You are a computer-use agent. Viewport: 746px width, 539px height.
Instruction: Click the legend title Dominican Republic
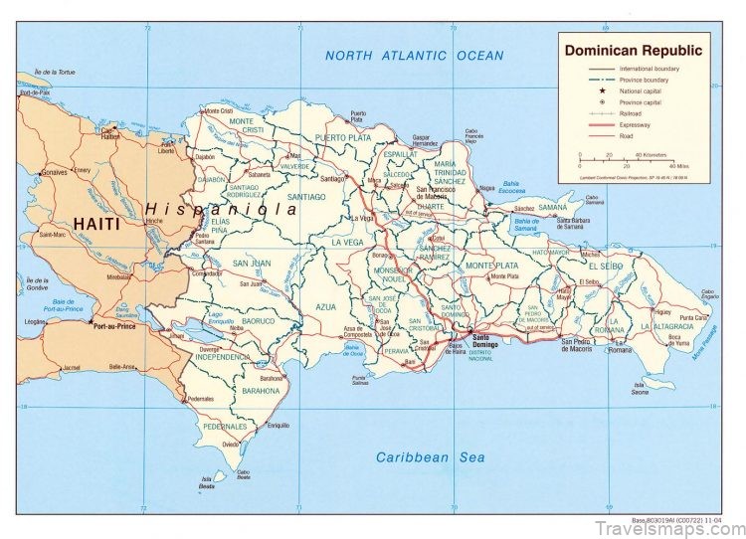pos(633,50)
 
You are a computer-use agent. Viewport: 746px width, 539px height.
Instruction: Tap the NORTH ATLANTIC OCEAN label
pos(414,56)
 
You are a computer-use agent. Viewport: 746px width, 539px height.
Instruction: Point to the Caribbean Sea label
pos(430,457)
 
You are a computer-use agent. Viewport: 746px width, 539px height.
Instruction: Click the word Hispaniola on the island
pos(221,210)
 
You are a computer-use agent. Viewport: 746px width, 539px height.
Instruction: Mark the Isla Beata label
pos(207,485)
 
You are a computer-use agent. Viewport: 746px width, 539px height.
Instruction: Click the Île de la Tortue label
pos(55,73)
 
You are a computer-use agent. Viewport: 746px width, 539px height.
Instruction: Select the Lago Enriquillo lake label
pos(221,318)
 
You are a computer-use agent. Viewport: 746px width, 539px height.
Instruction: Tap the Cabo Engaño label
pos(707,295)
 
